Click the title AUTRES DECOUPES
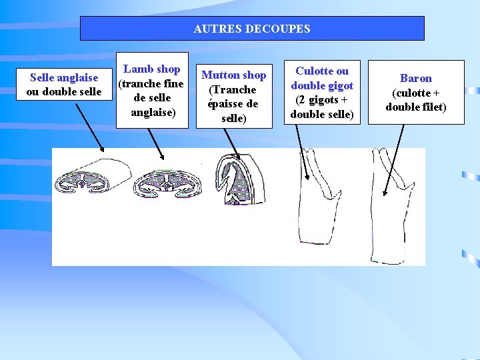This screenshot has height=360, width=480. point(251,29)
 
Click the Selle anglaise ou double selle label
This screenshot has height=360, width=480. point(64,85)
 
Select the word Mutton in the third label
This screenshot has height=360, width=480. point(221,75)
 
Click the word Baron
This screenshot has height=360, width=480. point(415,78)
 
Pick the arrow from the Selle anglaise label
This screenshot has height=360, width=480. point(89,127)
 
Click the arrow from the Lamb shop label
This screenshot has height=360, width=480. point(156,143)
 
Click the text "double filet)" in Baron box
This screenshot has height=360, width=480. point(415,107)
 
